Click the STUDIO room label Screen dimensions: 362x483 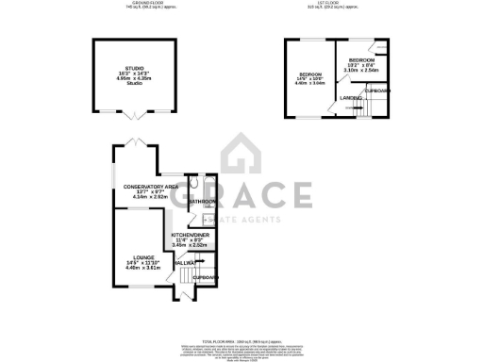(x=135, y=69)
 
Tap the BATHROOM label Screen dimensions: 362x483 (x=203, y=203)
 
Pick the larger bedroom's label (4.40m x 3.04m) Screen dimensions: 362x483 (x=310, y=74)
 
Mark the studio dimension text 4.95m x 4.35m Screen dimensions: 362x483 (x=135, y=79)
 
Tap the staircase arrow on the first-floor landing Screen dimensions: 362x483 (x=359, y=108)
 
